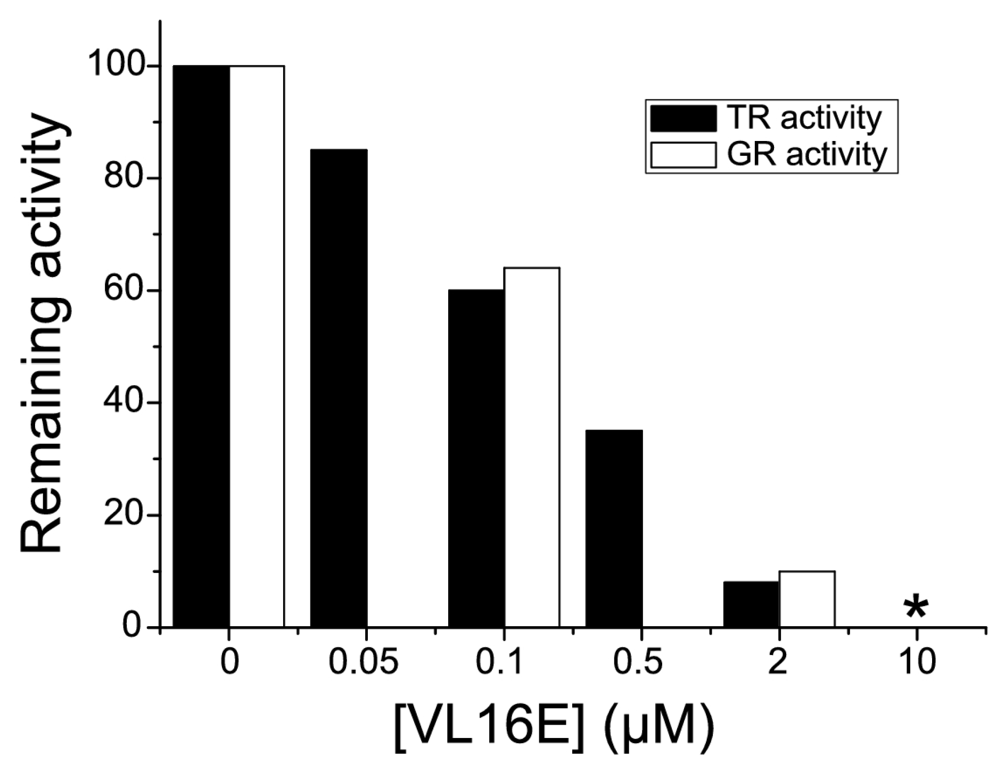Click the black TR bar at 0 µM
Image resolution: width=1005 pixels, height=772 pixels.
pos(201,346)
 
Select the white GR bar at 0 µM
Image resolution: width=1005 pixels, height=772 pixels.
pos(257,346)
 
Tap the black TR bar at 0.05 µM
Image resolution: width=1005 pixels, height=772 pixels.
pos(339,388)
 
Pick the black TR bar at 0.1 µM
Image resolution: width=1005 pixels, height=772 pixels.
pos(476,458)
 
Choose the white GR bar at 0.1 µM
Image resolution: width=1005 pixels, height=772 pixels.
pos(532,447)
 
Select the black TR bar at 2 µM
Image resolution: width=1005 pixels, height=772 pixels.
pos(751,604)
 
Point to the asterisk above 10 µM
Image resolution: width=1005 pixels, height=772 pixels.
pos(916,608)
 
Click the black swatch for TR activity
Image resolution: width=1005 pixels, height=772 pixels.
pos(683,118)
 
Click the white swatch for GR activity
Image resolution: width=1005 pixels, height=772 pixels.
pos(683,155)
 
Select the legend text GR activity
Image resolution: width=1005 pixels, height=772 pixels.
pos(806,155)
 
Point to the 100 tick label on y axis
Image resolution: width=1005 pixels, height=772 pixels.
pos(116,65)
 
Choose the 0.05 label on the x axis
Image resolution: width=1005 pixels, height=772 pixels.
pos(363,663)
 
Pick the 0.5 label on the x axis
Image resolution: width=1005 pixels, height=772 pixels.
pos(638,663)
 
